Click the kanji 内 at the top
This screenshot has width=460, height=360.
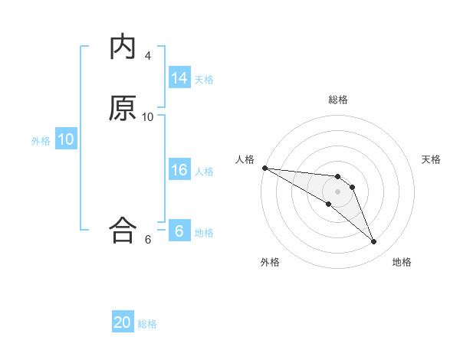pos(123,47)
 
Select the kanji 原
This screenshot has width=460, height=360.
pos(123,109)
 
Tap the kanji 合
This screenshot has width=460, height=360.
pos(123,230)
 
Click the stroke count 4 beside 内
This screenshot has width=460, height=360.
pos(148,55)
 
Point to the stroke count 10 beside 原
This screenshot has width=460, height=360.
pos(148,116)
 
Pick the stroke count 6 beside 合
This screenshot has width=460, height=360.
pos(148,239)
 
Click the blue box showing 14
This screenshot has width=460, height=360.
pos(179,78)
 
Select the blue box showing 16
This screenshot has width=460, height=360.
pos(179,170)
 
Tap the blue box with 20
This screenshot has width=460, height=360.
pos(123,322)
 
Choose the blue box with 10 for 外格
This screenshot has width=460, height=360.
pos(66,139)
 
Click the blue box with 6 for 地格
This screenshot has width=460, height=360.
pos(179,231)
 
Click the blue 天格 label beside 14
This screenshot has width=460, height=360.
pos(204,79)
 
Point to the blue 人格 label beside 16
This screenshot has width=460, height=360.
pos(204,171)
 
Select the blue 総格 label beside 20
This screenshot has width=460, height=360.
pos(147,323)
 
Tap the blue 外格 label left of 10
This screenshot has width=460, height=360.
pos(41,140)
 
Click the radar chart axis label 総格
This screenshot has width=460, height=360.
pos(338,100)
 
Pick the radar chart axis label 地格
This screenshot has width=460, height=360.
pos(402,262)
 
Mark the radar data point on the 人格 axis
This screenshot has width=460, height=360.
pos(264,168)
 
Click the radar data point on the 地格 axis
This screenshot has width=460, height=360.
pos(374,242)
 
